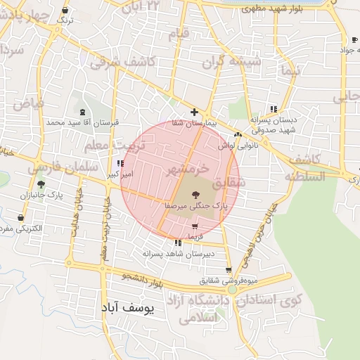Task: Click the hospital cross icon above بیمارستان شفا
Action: click(x=195, y=112)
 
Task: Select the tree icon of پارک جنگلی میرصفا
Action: click(x=194, y=195)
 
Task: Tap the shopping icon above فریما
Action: click(x=195, y=226)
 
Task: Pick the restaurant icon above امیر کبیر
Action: click(x=120, y=163)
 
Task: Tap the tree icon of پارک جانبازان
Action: click(x=41, y=184)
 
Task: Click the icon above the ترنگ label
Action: click(x=65, y=11)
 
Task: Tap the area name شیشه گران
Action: click(x=233, y=62)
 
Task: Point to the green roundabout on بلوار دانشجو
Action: click(x=232, y=289)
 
